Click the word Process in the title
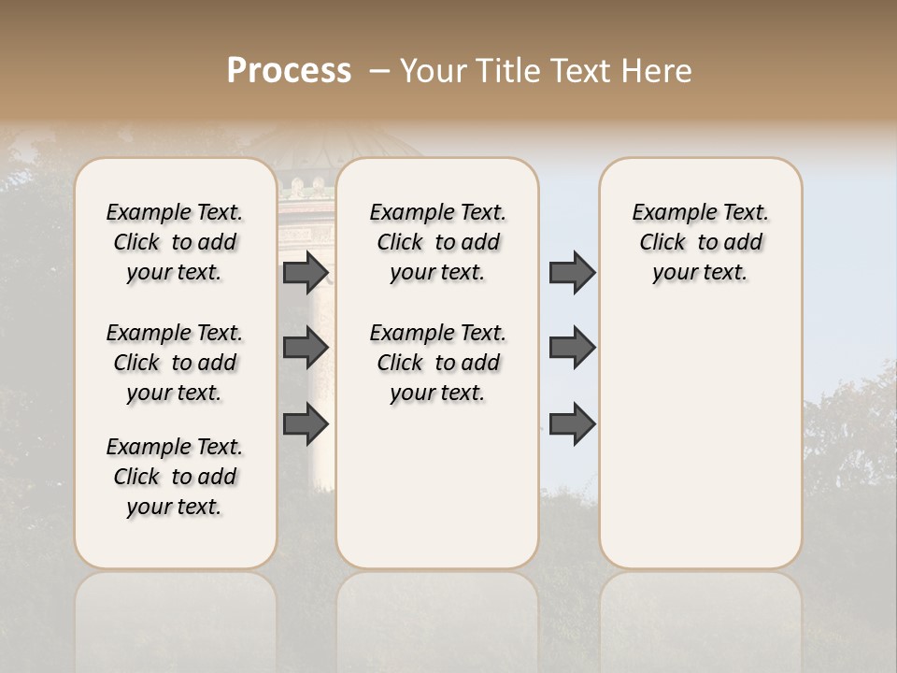pos(289,71)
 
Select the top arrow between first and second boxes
pos(306,273)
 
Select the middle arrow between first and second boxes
pos(306,348)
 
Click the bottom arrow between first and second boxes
pos(306,424)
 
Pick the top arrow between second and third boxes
pos(572,273)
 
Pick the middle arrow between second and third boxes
pos(572,348)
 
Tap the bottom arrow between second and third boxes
pos(572,424)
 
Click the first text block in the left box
pos(175,242)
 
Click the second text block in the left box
pos(175,363)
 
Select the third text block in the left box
pos(175,477)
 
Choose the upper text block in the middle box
pos(437,242)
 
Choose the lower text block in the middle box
pos(437,363)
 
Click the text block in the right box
pos(700,242)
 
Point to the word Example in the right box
pos(667,213)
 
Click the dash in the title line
pos(378,71)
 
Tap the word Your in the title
pos(433,71)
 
